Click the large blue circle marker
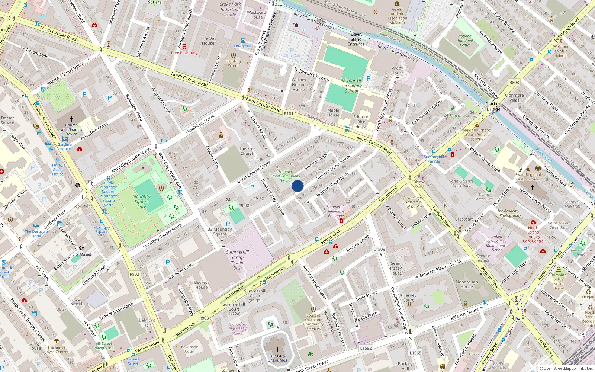pyautogui.click(x=297, y=186)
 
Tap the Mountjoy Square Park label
pyautogui.click(x=142, y=201)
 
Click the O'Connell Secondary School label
pyautogui.click(x=351, y=86)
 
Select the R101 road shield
pyautogui.click(x=289, y=114)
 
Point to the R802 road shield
pyautogui.click(x=134, y=274)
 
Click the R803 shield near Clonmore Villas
pyautogui.click(x=514, y=83)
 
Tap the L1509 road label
pyautogui.click(x=379, y=249)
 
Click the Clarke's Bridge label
pyautogui.click(x=493, y=106)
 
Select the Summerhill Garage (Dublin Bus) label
pyautogui.click(x=237, y=260)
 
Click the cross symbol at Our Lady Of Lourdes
pyautogui.click(x=277, y=350)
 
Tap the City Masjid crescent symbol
pyautogui.click(x=82, y=247)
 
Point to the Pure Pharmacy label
pyautogui.click(x=184, y=53)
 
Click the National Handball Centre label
pyautogui.click(x=465, y=41)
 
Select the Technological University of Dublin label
pyautogui.click(x=414, y=202)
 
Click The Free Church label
pyautogui.click(x=247, y=151)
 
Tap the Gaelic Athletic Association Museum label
pyautogui.click(x=397, y=16)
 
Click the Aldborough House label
pyautogui.click(x=467, y=284)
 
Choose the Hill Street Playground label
pyautogui.click(x=104, y=346)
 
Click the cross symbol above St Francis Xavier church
pyautogui.click(x=71, y=119)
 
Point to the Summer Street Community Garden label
pyautogui.click(x=285, y=176)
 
